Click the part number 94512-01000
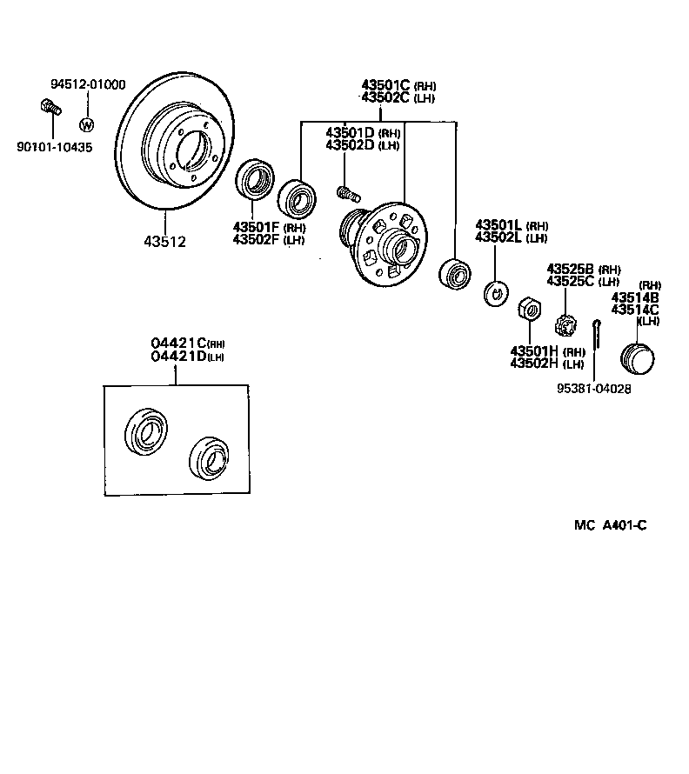point(88,84)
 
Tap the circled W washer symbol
point(86,124)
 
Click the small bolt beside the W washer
point(50,110)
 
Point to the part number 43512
point(164,242)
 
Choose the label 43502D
point(351,144)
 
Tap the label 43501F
point(256,228)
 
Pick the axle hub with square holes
point(386,242)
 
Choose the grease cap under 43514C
point(639,357)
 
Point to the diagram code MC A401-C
point(610,525)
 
